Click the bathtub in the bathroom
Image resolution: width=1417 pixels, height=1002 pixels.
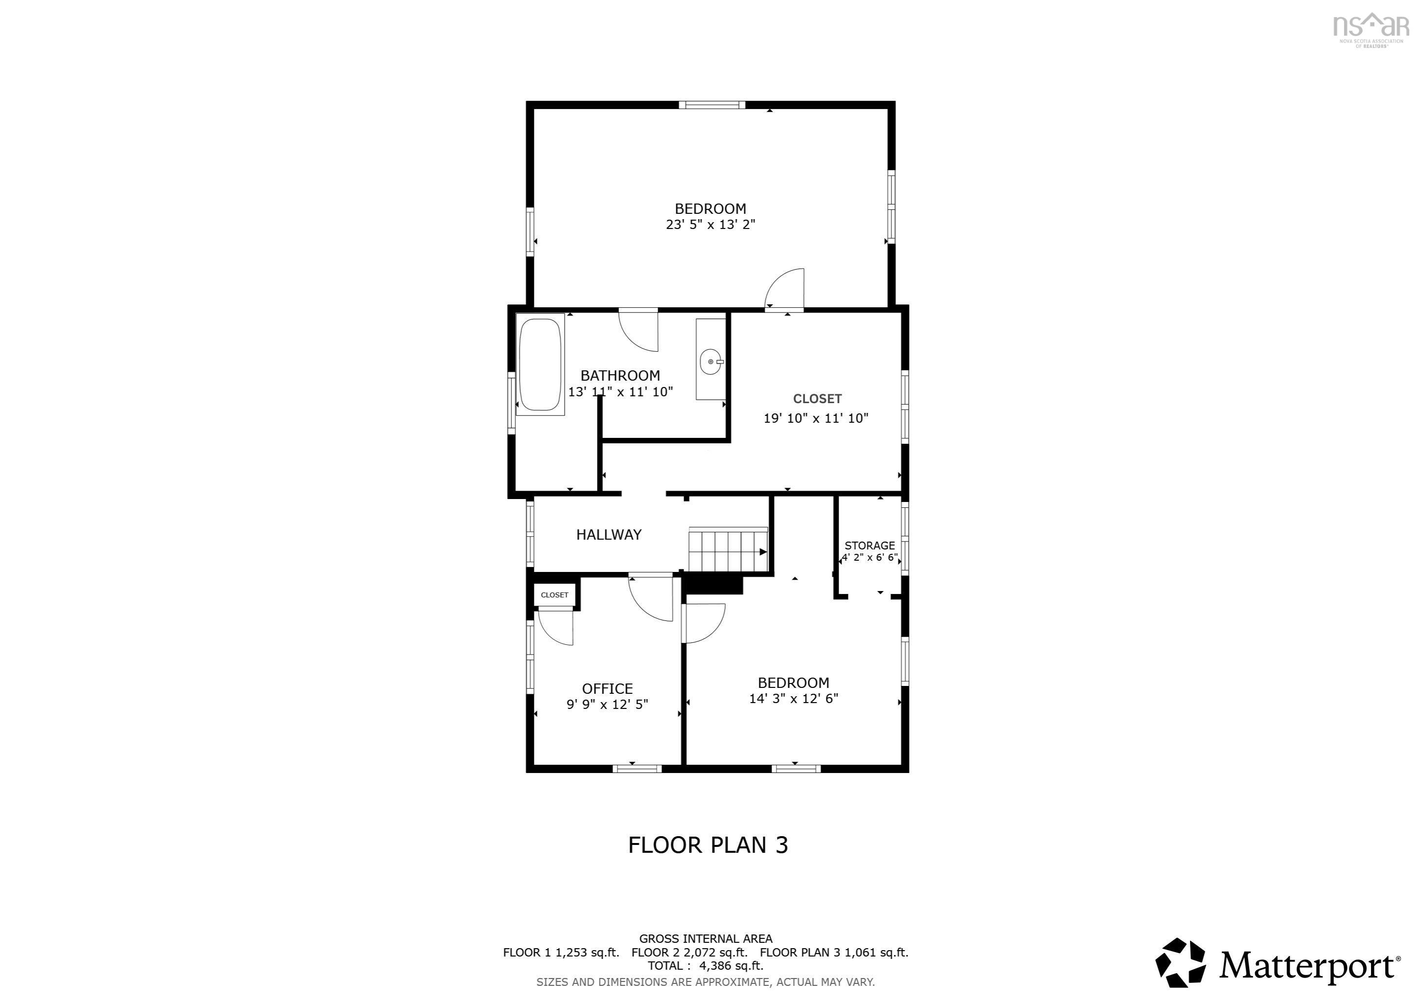pos(540,364)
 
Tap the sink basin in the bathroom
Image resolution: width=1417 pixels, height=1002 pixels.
pos(711,362)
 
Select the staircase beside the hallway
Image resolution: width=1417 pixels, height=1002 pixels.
pos(728,550)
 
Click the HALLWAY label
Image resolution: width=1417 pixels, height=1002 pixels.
pos(609,535)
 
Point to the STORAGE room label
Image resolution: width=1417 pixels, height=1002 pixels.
pos(869,546)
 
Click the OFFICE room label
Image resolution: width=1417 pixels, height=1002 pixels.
pos(607,688)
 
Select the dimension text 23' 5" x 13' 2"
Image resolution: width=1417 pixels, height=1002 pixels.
pos(710,225)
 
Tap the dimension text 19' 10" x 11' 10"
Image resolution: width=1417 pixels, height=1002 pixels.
pos(816,418)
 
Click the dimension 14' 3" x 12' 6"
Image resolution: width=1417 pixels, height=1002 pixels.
pos(794,699)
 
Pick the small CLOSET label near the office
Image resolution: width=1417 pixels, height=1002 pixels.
pos(554,595)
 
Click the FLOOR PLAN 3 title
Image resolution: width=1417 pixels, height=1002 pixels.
pos(708,845)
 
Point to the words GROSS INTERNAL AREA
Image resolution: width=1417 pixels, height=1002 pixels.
pos(706,939)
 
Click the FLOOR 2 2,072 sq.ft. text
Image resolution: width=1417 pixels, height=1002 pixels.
pos(689,953)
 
